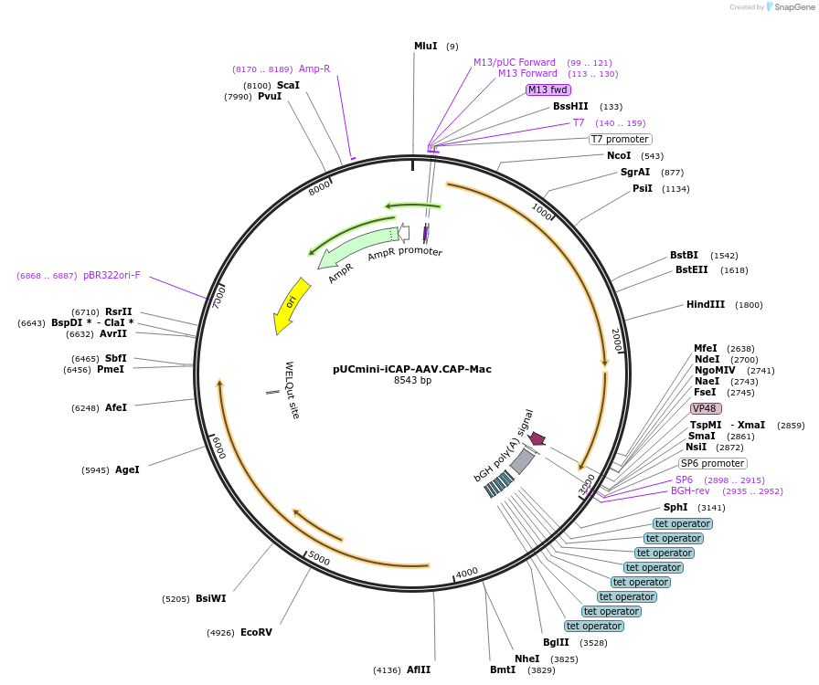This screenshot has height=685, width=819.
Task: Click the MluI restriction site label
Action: pyautogui.click(x=425, y=46)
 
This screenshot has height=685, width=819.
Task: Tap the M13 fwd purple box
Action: pyautogui.click(x=548, y=90)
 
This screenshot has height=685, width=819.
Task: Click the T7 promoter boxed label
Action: pyautogui.click(x=619, y=140)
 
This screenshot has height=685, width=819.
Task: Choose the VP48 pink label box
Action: pyautogui.click(x=706, y=408)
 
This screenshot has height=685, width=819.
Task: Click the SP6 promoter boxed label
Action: pyautogui.click(x=712, y=463)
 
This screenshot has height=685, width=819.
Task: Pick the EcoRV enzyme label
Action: pyautogui.click(x=256, y=632)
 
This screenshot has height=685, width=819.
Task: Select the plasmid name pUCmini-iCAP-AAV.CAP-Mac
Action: pyautogui.click(x=412, y=369)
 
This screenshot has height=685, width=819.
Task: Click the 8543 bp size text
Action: pyautogui.click(x=412, y=380)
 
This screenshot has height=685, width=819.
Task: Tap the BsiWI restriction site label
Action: pyautogui.click(x=210, y=599)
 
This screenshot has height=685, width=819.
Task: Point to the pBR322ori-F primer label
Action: pyautogui.click(x=112, y=275)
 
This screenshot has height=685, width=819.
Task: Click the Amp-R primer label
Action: pyautogui.click(x=314, y=68)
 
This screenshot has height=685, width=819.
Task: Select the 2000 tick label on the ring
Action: pyautogui.click(x=616, y=340)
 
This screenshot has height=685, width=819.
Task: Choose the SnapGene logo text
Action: pyautogui.click(x=792, y=7)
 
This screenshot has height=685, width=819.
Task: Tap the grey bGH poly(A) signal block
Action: pyautogui.click(x=522, y=460)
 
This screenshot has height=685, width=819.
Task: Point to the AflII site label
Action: pyautogui.click(x=419, y=669)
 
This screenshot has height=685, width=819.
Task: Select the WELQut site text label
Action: pyautogui.click(x=291, y=389)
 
